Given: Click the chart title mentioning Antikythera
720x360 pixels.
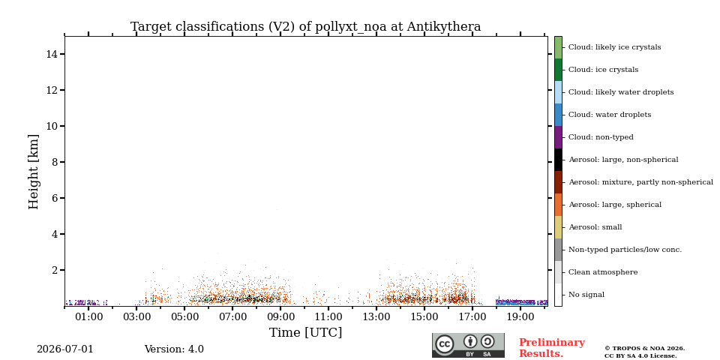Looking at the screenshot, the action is point(306,27).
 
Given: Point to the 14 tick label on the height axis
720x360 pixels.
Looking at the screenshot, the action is point(52,54).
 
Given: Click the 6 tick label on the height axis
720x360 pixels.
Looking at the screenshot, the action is point(55,198).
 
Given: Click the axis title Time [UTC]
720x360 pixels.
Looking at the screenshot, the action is point(306,332).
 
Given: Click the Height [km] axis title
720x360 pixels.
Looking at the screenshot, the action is point(34,172).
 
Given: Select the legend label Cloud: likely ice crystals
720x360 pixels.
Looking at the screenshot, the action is point(615,47).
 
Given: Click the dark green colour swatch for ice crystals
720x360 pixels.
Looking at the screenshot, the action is point(558,70).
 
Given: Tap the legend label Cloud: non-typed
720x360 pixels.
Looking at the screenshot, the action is point(601,137).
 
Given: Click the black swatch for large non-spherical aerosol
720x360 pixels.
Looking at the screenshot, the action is point(558,160).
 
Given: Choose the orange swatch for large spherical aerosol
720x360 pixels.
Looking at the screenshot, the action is point(558,205).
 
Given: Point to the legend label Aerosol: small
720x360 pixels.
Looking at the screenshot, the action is point(595,227).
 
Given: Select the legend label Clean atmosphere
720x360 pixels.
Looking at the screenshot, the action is point(603,272).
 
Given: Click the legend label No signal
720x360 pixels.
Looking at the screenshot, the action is point(586,295).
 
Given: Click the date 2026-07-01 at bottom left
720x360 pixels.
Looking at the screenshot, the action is point(65,349).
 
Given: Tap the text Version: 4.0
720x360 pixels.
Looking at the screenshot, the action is point(174,349).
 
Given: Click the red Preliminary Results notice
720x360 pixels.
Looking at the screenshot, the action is point(552,348).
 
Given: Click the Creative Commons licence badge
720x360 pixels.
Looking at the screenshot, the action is point(468,345).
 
